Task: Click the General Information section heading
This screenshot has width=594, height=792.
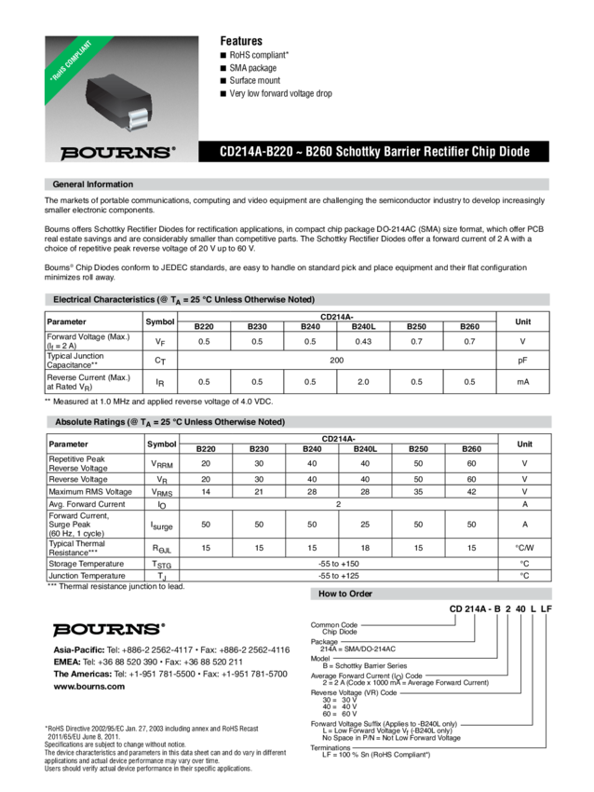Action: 93,184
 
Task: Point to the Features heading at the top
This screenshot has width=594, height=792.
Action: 240,41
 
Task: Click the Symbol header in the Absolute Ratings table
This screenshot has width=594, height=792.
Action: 160,444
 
